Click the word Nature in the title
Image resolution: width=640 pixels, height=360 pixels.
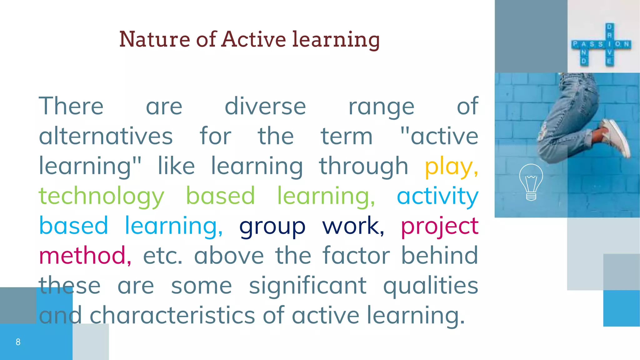click(155, 39)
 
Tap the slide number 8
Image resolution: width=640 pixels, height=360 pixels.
click(18, 342)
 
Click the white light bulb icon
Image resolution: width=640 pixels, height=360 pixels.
click(531, 182)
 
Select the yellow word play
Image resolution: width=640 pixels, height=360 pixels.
click(451, 167)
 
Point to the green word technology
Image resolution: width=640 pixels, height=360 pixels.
click(101, 196)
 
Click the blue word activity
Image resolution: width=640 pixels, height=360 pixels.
click(437, 196)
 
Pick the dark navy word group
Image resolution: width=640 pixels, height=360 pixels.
click(272, 226)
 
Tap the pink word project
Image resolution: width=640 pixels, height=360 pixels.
click(439, 226)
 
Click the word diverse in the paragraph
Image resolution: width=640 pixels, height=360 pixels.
click(265, 107)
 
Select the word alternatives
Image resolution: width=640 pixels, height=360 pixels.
click(106, 136)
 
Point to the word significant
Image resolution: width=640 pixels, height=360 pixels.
click(307, 286)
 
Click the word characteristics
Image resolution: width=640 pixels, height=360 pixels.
click(172, 315)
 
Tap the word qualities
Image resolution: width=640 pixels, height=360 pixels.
click(430, 286)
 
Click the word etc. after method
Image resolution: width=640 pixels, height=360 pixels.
click(162, 256)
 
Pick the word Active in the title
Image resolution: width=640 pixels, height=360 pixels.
click(253, 39)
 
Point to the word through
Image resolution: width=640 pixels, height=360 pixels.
click(363, 167)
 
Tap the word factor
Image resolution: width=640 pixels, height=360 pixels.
click(356, 256)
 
